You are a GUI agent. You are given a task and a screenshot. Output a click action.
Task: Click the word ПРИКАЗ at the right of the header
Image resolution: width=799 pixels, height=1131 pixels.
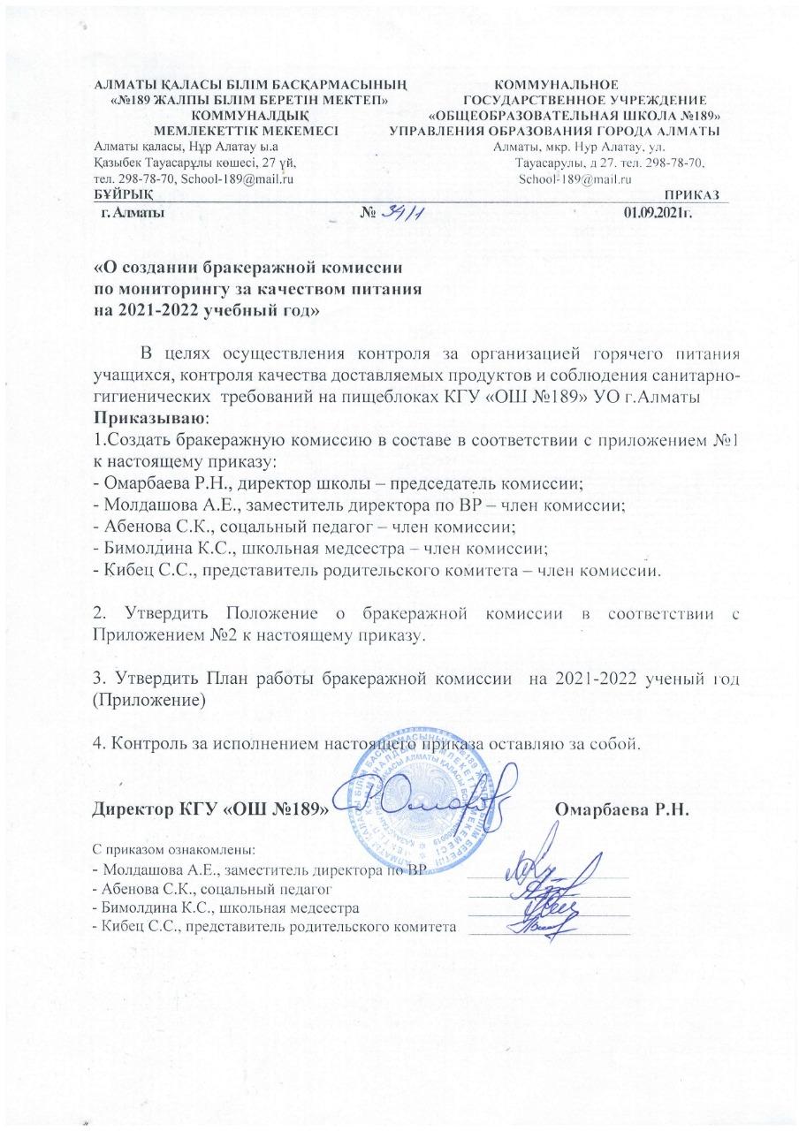click(x=696, y=194)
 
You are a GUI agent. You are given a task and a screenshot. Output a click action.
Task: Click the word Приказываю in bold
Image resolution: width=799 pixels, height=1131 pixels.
click(x=152, y=415)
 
